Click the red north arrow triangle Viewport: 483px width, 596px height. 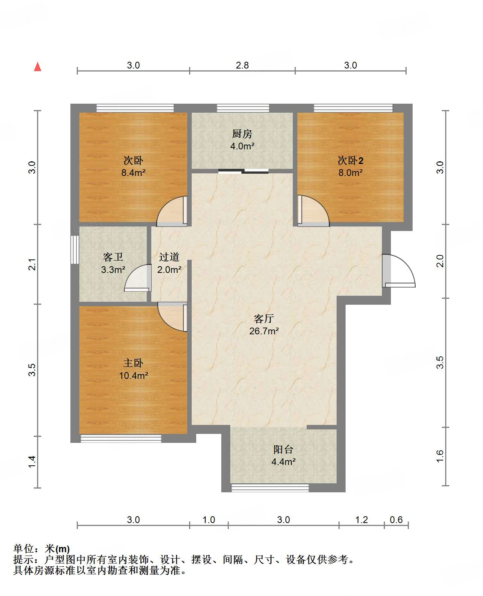(x=37, y=67)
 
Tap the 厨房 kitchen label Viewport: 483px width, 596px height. (x=242, y=134)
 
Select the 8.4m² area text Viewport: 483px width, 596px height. (x=133, y=173)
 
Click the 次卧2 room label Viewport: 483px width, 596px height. (x=350, y=160)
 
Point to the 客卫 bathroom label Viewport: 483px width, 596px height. (x=113, y=257)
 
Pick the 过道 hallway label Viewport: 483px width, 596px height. (x=169, y=257)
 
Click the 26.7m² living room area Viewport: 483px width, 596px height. (x=264, y=331)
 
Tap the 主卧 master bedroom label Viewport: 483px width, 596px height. (x=133, y=363)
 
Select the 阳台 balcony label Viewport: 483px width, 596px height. (x=283, y=449)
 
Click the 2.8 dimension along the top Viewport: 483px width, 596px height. (x=242, y=65)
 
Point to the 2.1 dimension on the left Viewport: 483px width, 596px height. (x=32, y=264)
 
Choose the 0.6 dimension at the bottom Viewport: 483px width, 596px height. (x=396, y=520)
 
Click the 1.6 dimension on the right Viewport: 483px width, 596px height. (x=440, y=456)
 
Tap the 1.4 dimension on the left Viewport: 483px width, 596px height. (x=32, y=462)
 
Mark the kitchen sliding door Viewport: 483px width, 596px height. (x=243, y=171)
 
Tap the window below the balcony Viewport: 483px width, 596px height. (x=270, y=488)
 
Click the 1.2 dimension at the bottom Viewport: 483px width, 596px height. (x=361, y=520)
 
